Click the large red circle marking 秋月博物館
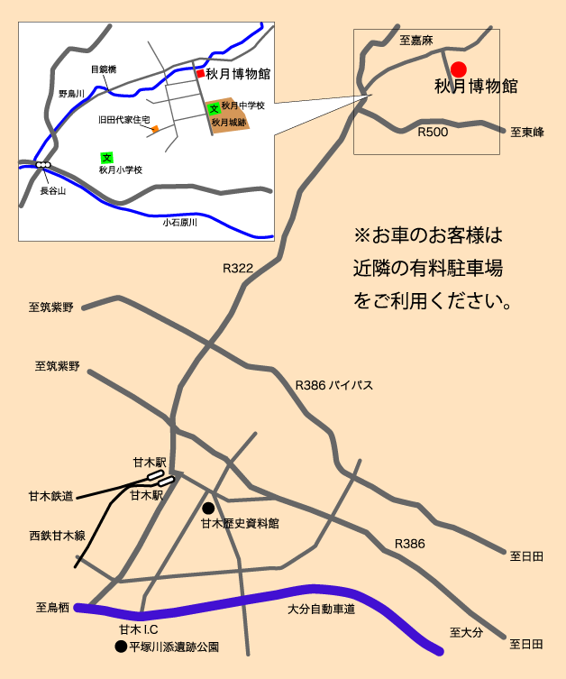click(458, 69)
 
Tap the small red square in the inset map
click(199, 73)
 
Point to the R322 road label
click(238, 268)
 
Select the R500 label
click(433, 132)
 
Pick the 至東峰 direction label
click(527, 132)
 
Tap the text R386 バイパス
click(334, 385)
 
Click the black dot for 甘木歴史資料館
click(208, 508)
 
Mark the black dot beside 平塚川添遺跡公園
click(120, 647)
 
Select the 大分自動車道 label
click(321, 610)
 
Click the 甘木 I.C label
click(139, 629)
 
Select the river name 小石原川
click(179, 222)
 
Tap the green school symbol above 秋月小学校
click(106, 157)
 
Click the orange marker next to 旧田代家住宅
click(155, 129)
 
